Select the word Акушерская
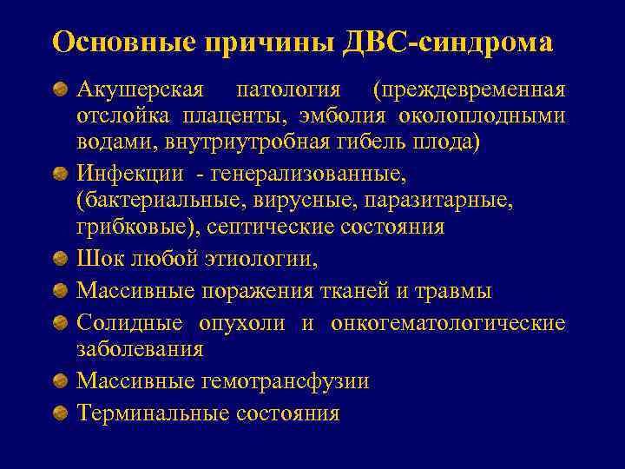point(140,90)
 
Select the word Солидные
point(129,323)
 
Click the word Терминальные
point(152,413)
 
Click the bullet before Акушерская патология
point(60,90)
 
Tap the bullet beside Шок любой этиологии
point(60,259)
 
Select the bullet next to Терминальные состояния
point(60,413)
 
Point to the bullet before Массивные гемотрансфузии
point(60,380)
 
